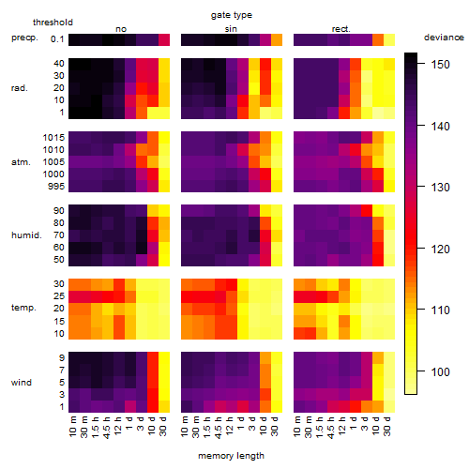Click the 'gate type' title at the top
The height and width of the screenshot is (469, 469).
[x=232, y=15]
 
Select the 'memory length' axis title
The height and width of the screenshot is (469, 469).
[x=231, y=456]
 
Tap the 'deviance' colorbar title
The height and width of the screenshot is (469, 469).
[x=444, y=38]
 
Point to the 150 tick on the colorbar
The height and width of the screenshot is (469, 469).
[x=421, y=64]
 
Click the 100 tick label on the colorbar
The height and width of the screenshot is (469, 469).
[x=440, y=371]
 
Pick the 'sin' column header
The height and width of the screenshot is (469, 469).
[x=231, y=29]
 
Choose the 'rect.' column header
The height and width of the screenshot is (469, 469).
[x=340, y=29]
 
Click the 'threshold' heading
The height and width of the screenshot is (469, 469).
[x=53, y=23]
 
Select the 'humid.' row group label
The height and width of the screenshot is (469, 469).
[x=26, y=235]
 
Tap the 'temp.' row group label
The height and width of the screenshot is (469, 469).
[x=23, y=308]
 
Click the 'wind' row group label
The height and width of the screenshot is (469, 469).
[x=22, y=383]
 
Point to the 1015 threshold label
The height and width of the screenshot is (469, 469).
[x=53, y=137]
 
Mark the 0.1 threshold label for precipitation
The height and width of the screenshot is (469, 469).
[x=57, y=39]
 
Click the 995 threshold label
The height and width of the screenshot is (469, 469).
[x=56, y=187]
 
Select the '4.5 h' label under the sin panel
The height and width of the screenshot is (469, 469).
[x=219, y=427]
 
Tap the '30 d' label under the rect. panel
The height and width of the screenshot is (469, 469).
[x=387, y=426]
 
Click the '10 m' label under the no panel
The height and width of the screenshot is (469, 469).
[x=73, y=427]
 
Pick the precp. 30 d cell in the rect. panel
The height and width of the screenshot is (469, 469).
[x=389, y=39]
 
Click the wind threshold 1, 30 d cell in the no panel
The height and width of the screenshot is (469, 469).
[x=164, y=406]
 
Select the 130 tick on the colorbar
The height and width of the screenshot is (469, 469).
[x=421, y=187]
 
